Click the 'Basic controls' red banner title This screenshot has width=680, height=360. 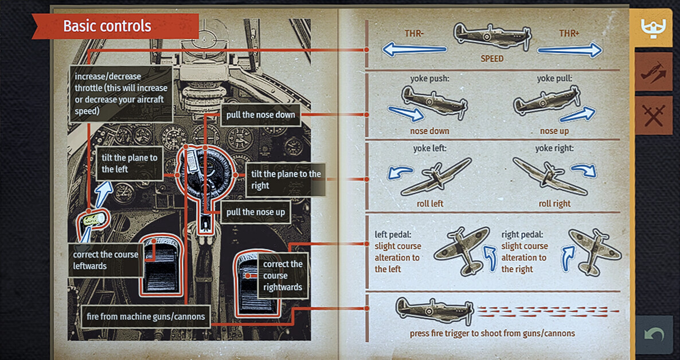107,26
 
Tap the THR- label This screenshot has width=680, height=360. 414,33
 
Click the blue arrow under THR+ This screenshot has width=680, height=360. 570,50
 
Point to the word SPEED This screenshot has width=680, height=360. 492,58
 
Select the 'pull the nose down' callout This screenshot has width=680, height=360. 261,115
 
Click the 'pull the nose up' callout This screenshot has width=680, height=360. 256,212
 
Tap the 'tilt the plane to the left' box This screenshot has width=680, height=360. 129,163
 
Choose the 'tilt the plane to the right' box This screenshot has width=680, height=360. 285,180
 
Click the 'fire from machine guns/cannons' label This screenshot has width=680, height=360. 145,316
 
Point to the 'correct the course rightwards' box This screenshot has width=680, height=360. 283,276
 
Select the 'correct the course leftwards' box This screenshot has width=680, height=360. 105,260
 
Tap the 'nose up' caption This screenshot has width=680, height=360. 554,131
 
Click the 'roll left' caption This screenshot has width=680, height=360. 430,204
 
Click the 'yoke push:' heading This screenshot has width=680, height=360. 429,79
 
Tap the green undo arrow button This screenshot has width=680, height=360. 654,335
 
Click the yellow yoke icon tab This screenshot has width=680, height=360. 654,28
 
